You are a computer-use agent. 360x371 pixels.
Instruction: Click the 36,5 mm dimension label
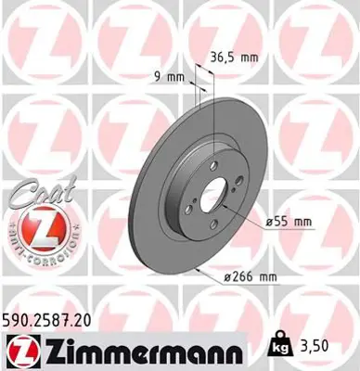(234, 57)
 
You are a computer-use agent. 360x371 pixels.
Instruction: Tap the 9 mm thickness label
(167, 77)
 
